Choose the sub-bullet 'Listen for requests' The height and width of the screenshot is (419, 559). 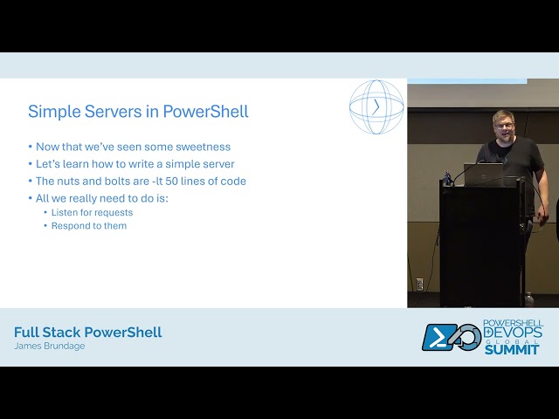pyautogui.click(x=92, y=212)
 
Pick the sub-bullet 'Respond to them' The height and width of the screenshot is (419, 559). pyautogui.click(x=88, y=226)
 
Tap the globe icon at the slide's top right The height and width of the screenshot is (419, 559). pyautogui.click(x=376, y=107)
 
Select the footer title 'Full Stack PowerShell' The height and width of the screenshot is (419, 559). pyautogui.click(x=87, y=333)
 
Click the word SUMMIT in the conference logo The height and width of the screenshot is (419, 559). pyautogui.click(x=513, y=349)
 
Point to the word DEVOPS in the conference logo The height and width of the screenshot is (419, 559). pyautogui.click(x=514, y=333)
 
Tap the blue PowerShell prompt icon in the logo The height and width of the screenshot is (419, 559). pyautogui.click(x=439, y=338)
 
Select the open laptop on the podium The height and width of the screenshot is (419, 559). pyautogui.click(x=482, y=175)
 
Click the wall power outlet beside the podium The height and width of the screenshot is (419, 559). pyautogui.click(x=419, y=284)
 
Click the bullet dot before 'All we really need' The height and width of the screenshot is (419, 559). pyautogui.click(x=31, y=199)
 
